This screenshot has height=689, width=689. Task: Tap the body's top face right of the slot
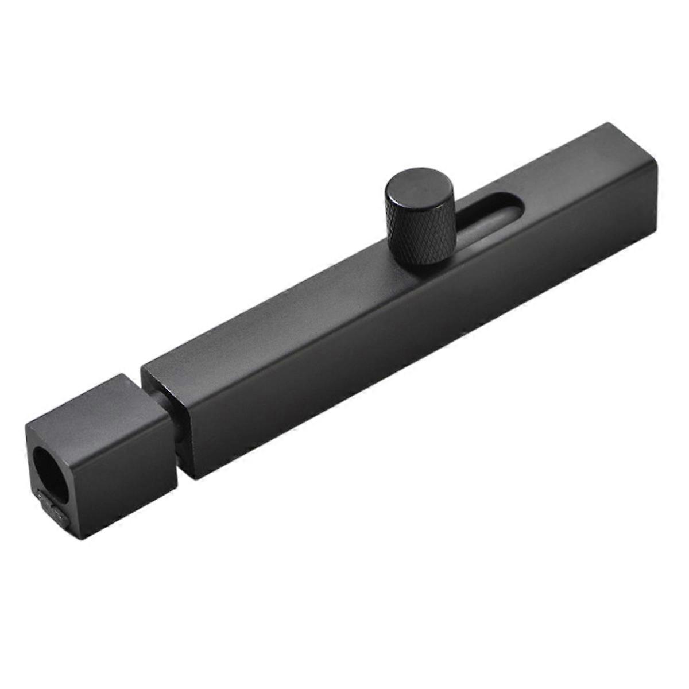pos(574,172)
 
